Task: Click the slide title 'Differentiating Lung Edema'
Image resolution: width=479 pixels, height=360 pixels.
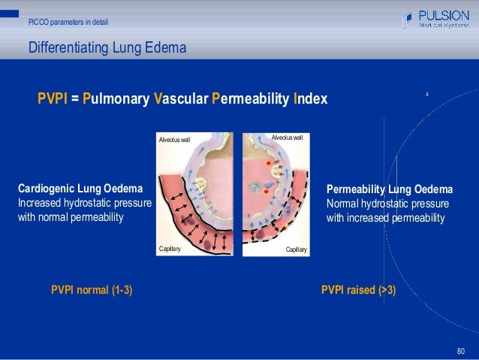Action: (107, 50)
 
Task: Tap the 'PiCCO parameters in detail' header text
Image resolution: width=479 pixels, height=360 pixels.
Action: (68, 23)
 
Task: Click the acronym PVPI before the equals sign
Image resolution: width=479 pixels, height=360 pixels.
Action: (53, 99)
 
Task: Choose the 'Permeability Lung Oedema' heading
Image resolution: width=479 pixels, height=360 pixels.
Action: (389, 189)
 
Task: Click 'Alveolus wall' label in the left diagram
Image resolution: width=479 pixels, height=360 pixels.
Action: (175, 140)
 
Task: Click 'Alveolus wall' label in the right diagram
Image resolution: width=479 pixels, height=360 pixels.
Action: (287, 138)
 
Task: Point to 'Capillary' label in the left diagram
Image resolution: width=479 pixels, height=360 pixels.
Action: (170, 248)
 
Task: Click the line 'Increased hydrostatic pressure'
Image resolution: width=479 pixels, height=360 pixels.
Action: (84, 204)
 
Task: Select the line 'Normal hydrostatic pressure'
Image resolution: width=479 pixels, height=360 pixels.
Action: (387, 204)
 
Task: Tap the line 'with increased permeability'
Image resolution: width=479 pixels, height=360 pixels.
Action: (385, 219)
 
